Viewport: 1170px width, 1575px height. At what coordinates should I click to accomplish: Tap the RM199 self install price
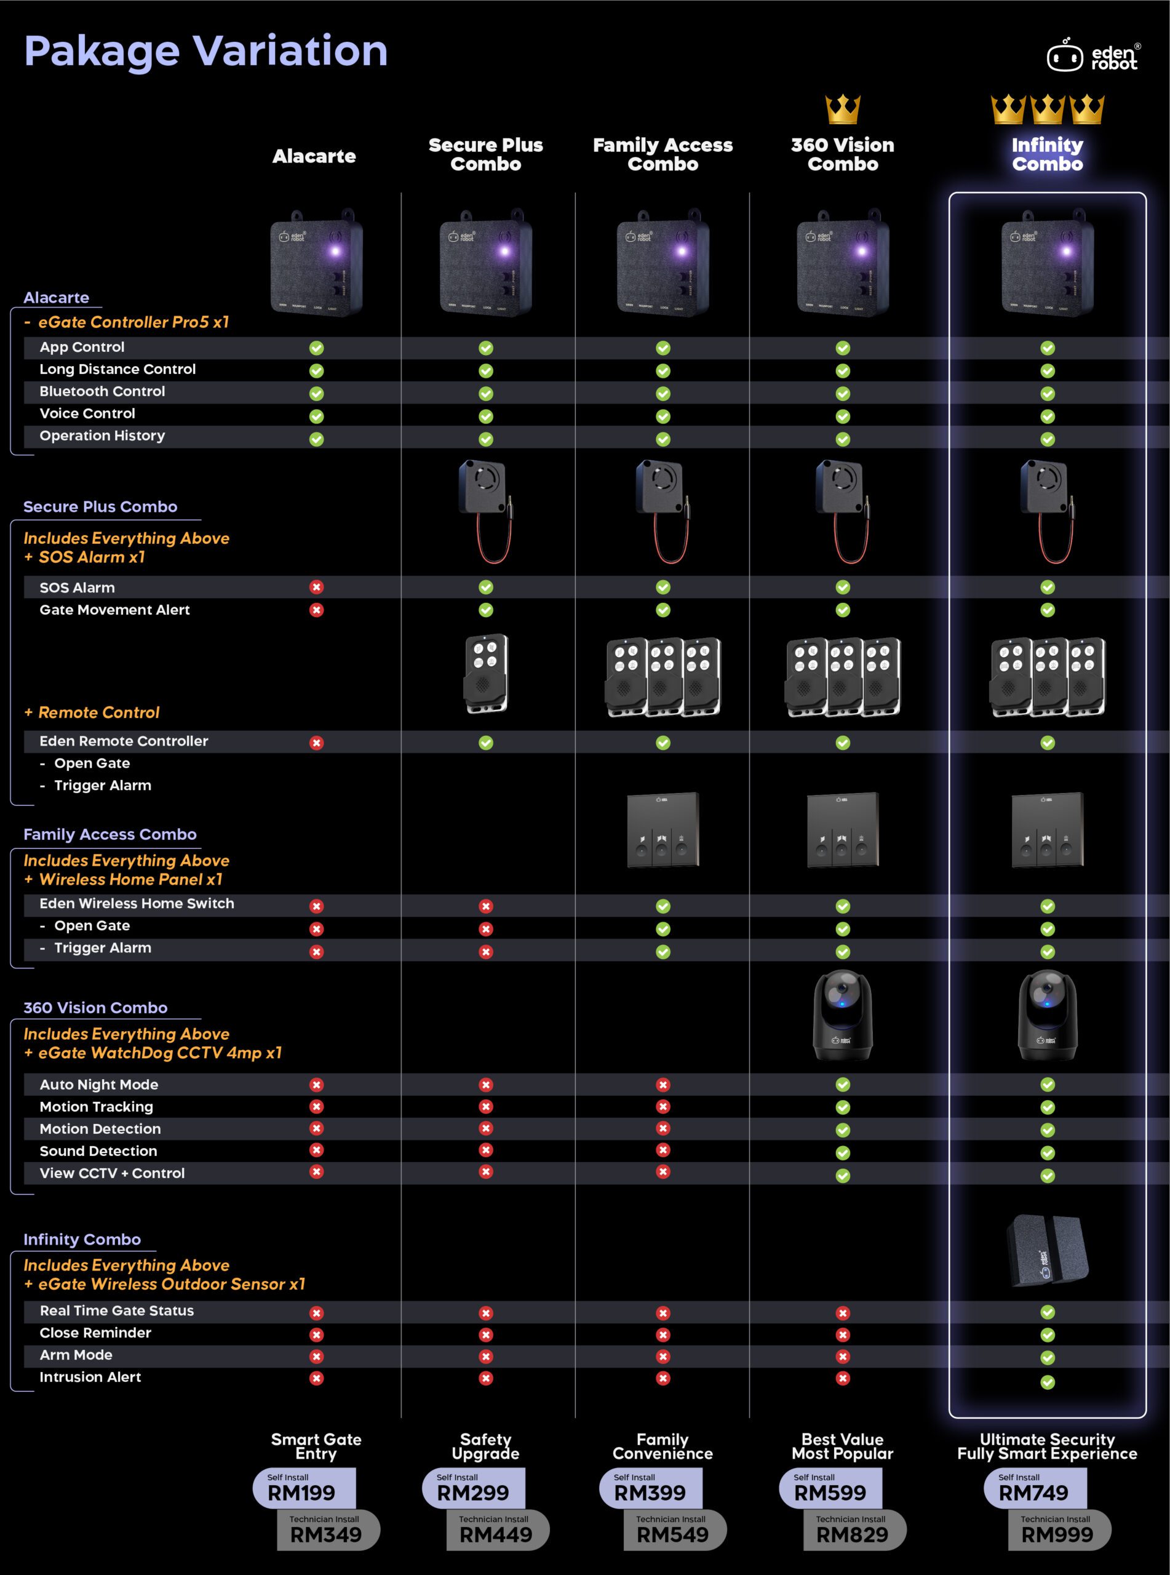[301, 1493]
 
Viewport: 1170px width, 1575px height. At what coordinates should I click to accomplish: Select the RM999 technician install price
[1057, 1534]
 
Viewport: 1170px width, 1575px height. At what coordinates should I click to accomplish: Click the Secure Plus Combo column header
[486, 154]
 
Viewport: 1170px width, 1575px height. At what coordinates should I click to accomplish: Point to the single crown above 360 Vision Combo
[843, 110]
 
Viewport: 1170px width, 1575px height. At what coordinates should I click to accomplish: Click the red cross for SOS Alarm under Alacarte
[317, 587]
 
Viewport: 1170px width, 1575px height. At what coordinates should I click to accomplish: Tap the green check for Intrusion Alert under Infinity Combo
[1048, 1382]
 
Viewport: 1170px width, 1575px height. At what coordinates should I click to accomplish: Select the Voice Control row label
[87, 413]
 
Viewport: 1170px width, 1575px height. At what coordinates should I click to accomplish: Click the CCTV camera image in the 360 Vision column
[843, 1015]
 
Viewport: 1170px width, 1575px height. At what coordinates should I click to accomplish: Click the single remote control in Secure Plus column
[486, 674]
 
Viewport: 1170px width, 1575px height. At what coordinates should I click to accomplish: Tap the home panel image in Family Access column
[663, 830]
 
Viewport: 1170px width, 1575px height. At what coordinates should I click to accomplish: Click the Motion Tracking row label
[97, 1107]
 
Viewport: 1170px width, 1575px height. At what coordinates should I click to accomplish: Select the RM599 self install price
[830, 1493]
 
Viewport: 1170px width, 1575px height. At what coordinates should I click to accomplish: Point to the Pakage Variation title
[206, 52]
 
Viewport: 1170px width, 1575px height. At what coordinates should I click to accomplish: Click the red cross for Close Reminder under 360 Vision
[843, 1335]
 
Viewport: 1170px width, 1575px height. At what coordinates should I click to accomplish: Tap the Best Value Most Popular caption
[843, 1447]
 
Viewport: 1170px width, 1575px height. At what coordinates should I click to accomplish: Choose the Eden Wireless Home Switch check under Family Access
[663, 906]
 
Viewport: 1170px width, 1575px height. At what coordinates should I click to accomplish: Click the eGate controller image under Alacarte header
[317, 262]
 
